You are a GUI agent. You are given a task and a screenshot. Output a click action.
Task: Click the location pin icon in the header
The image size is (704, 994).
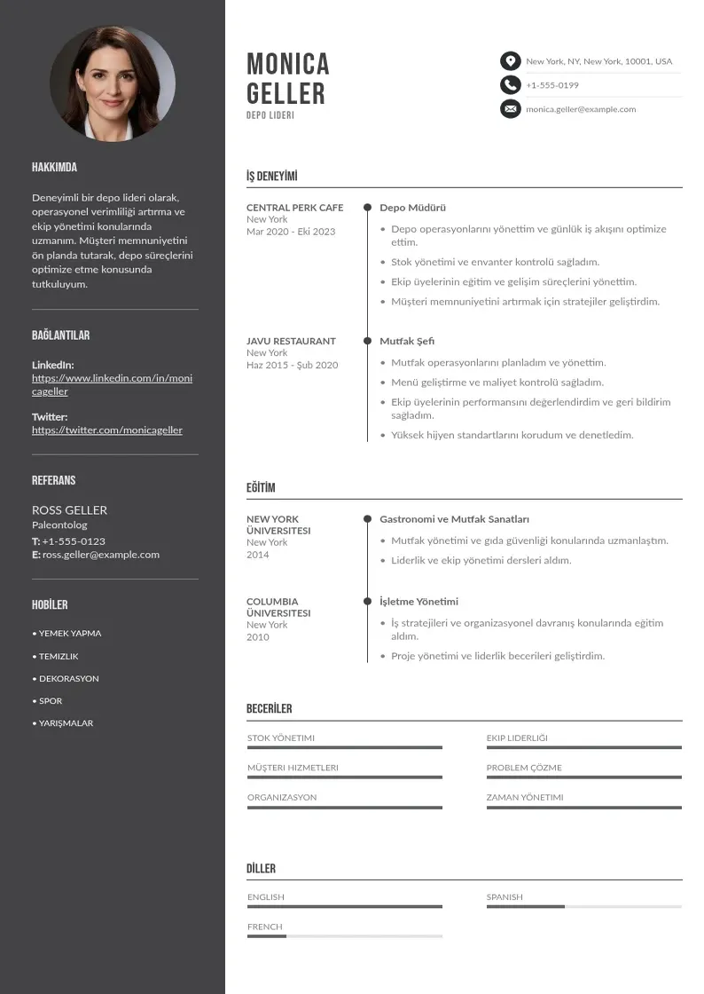[x=510, y=61]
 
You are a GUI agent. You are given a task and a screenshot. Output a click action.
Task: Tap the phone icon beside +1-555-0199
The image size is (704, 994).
[x=510, y=85]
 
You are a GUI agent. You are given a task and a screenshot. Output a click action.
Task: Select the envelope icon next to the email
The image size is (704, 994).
[x=510, y=109]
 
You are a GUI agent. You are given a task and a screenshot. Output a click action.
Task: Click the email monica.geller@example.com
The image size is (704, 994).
[x=581, y=109]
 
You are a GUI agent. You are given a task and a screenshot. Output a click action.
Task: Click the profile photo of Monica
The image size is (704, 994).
[x=113, y=83]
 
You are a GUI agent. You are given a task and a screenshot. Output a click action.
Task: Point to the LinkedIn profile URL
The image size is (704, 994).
[x=112, y=384]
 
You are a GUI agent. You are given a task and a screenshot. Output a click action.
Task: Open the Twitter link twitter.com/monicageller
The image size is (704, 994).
[x=107, y=430]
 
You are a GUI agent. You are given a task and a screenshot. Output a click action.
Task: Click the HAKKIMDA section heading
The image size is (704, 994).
[x=54, y=168]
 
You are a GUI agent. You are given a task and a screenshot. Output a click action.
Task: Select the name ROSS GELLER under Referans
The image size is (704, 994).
[x=69, y=510]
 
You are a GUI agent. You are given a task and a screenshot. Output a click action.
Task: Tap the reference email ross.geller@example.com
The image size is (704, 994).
[x=101, y=555]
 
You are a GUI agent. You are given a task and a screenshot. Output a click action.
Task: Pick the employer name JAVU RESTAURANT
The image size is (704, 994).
[x=291, y=341]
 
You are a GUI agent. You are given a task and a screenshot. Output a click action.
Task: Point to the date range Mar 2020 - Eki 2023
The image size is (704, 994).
[x=291, y=232]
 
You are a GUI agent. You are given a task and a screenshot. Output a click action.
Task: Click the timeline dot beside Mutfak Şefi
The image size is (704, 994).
[x=367, y=340]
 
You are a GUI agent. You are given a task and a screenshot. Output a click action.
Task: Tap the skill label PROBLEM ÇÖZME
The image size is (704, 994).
[x=524, y=768]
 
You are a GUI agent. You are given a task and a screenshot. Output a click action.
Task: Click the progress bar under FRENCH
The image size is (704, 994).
[x=344, y=936]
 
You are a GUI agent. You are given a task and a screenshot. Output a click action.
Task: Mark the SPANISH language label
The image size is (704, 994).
[x=505, y=897]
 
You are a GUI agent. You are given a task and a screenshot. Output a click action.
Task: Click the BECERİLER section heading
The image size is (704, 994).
[x=269, y=709]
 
